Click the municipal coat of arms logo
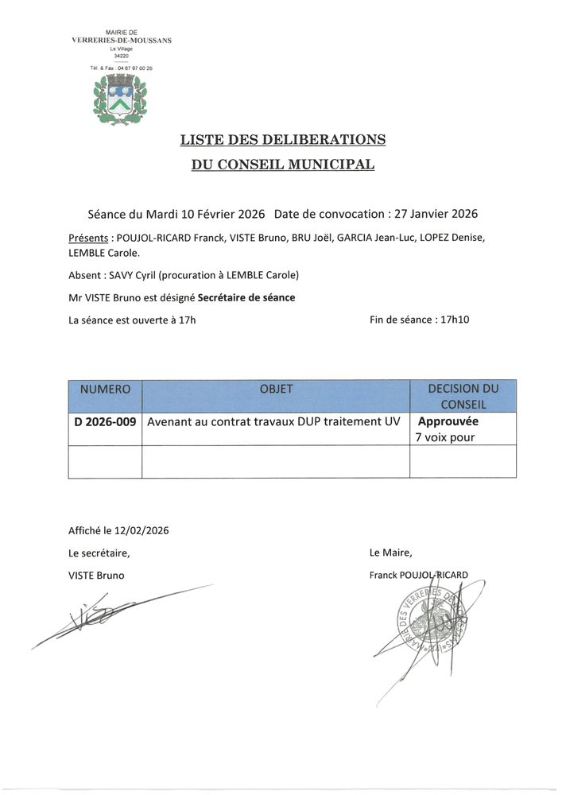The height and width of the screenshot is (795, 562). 122,99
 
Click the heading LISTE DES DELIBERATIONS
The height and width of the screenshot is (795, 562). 282,140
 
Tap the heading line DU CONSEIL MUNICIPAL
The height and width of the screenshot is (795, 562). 282,165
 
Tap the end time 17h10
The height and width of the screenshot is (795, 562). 460,320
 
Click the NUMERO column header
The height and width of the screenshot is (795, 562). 105,390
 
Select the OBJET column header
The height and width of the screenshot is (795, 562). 276,390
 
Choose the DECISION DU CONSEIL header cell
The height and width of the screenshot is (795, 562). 463,396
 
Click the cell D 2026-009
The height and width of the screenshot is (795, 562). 105,422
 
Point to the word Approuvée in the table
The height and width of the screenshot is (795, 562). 448,422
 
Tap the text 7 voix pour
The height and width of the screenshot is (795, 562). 445,436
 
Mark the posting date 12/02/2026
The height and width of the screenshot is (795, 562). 141,530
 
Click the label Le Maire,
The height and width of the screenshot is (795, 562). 391,553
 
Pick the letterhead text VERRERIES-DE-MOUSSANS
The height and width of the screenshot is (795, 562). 122,40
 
